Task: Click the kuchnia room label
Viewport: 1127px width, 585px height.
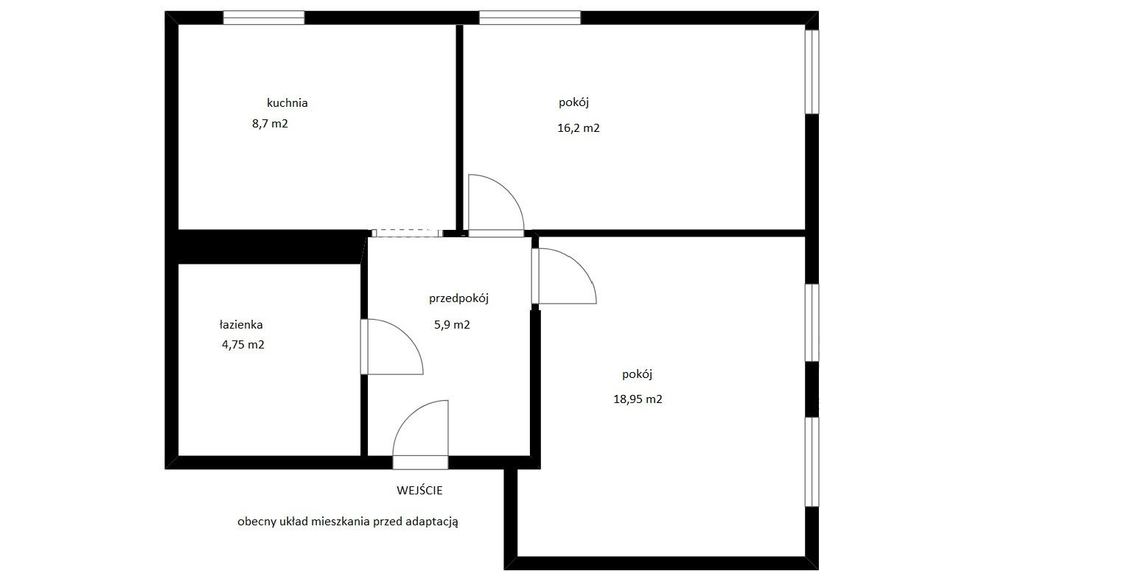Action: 287,103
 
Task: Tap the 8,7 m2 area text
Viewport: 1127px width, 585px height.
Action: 271,124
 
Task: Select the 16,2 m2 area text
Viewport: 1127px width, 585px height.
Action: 579,128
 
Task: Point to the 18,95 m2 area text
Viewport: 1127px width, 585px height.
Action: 638,399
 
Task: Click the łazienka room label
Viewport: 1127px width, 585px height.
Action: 241,325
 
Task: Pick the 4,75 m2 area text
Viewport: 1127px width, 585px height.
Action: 243,345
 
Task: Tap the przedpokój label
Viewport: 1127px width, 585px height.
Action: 459,299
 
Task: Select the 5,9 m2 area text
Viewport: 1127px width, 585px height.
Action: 453,325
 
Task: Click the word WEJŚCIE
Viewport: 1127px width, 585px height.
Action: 419,490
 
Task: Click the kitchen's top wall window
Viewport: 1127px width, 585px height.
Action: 264,18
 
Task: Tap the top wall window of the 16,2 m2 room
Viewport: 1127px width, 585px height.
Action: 530,18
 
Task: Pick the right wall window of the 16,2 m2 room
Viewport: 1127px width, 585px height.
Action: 812,72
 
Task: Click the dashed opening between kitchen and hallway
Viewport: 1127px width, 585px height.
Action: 407,233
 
